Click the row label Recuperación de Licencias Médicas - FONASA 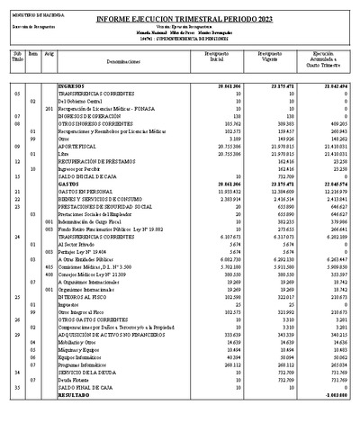coord(112,108)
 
